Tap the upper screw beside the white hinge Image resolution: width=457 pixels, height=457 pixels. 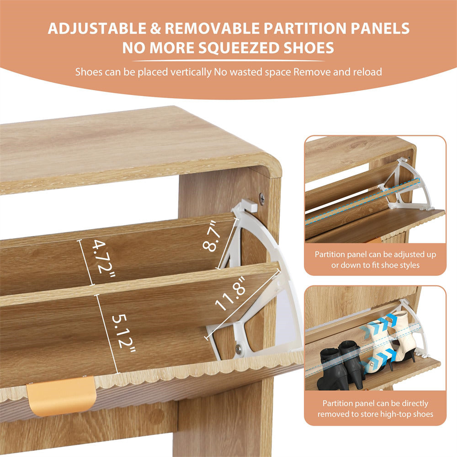click(262, 197)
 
